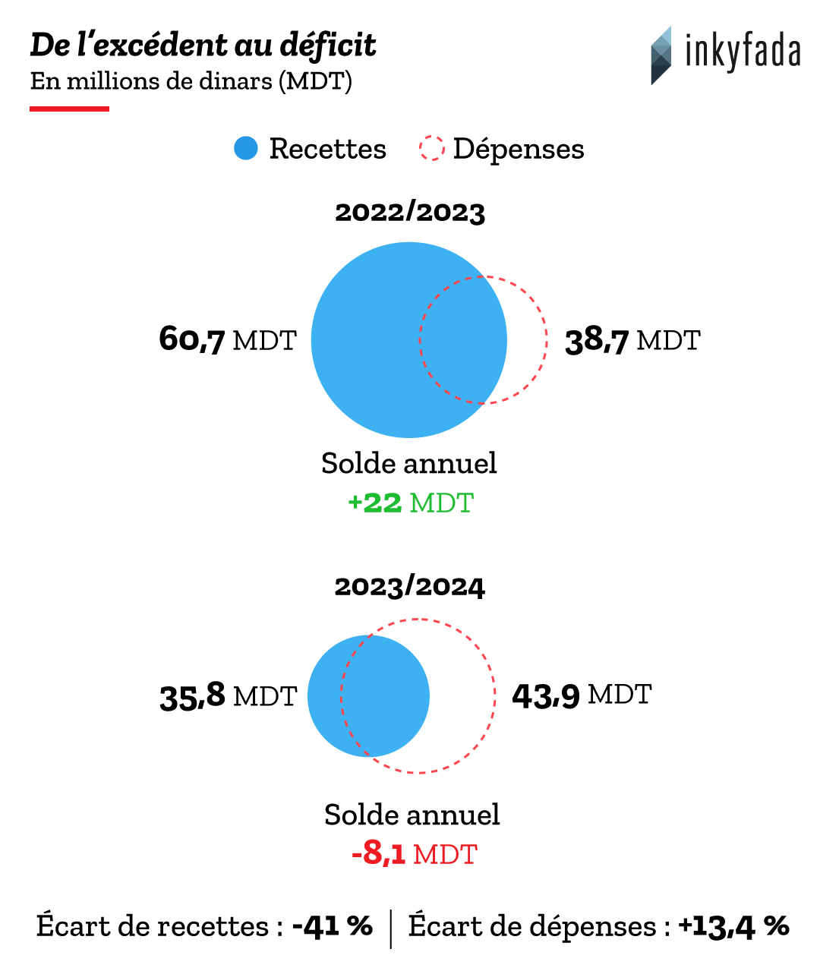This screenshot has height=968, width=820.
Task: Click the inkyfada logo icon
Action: click(x=661, y=55)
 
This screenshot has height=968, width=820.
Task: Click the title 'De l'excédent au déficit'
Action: click(x=203, y=46)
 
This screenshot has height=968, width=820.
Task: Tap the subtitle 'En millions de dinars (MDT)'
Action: click(x=191, y=81)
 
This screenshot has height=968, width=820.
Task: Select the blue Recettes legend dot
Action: click(x=246, y=148)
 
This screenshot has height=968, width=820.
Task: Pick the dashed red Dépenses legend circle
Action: click(x=431, y=148)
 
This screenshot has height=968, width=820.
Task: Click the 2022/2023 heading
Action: click(x=410, y=213)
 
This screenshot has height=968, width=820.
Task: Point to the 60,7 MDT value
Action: click(x=227, y=339)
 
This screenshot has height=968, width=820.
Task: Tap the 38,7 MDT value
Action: click(x=632, y=340)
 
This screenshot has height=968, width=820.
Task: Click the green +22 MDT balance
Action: click(x=410, y=503)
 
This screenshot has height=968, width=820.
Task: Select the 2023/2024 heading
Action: click(x=410, y=587)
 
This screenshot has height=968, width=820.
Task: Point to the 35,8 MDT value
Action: click(x=228, y=695)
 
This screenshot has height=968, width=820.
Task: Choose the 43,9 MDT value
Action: click(x=582, y=695)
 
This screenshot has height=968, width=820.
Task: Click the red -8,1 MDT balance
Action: click(x=414, y=854)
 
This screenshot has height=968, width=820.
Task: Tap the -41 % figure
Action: click(x=333, y=926)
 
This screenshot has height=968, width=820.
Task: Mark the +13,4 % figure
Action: click(x=733, y=926)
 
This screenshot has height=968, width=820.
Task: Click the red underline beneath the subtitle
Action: click(x=70, y=109)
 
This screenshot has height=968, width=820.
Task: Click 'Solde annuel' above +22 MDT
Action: click(x=409, y=463)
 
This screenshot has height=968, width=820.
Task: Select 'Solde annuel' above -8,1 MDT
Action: click(x=412, y=815)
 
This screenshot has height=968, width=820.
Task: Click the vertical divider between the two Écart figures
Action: click(x=391, y=928)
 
